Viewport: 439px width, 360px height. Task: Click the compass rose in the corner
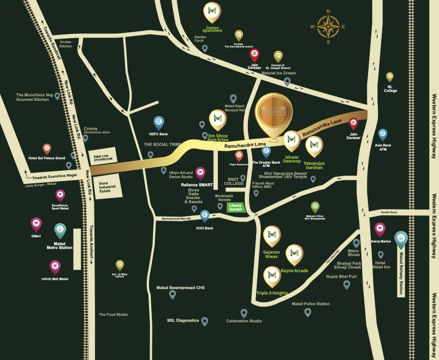point(328,25)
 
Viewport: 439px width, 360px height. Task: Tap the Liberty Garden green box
point(235,207)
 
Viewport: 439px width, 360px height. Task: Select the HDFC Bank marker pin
point(159,123)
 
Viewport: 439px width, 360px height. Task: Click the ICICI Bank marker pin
point(205,216)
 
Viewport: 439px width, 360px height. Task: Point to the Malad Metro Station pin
point(60,231)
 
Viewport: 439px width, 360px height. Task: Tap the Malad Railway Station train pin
point(401,239)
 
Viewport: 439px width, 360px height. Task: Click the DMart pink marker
point(36,224)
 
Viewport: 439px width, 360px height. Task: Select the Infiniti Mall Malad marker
point(55,267)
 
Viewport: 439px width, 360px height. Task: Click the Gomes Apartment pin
point(212,11)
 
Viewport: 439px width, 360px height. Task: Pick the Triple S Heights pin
point(272,277)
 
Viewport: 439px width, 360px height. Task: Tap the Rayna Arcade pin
point(295,254)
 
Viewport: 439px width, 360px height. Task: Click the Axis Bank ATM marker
point(383,135)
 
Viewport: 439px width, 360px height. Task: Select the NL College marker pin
point(390,77)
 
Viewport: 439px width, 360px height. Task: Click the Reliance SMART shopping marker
point(200,173)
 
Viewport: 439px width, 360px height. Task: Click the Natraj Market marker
point(379,229)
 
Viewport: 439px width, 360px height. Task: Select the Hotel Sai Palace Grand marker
point(47,148)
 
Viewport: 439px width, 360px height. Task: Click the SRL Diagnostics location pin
point(205,321)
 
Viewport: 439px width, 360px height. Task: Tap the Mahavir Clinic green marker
point(315,207)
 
